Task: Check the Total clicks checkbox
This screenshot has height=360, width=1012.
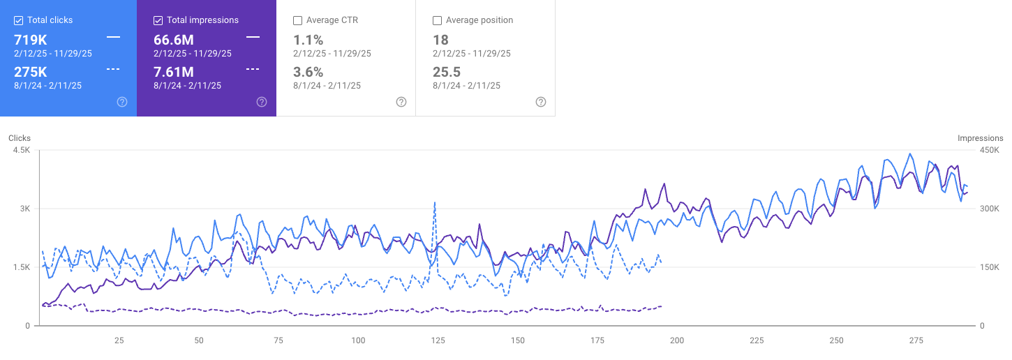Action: [19, 20]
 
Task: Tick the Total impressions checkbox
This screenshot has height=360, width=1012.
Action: [158, 20]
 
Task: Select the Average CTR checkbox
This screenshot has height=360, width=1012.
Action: [298, 20]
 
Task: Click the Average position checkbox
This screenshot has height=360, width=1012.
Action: [438, 20]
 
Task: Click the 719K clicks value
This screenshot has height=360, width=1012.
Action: [30, 40]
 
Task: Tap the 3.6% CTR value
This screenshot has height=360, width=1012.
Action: [308, 72]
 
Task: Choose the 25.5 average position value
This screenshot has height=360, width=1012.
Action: [445, 72]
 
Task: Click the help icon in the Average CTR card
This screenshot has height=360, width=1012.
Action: [401, 102]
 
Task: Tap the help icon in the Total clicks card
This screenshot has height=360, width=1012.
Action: [122, 102]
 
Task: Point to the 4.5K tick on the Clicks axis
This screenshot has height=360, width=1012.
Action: [21, 150]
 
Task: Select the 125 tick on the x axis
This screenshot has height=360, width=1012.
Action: [438, 340]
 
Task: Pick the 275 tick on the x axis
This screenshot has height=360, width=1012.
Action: [916, 340]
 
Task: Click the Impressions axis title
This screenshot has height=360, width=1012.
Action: [980, 138]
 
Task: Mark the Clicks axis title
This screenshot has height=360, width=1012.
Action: [20, 138]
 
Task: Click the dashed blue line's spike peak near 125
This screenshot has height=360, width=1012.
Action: [435, 203]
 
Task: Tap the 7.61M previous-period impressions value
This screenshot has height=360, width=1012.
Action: [174, 72]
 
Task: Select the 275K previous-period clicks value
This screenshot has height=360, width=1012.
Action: [30, 72]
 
